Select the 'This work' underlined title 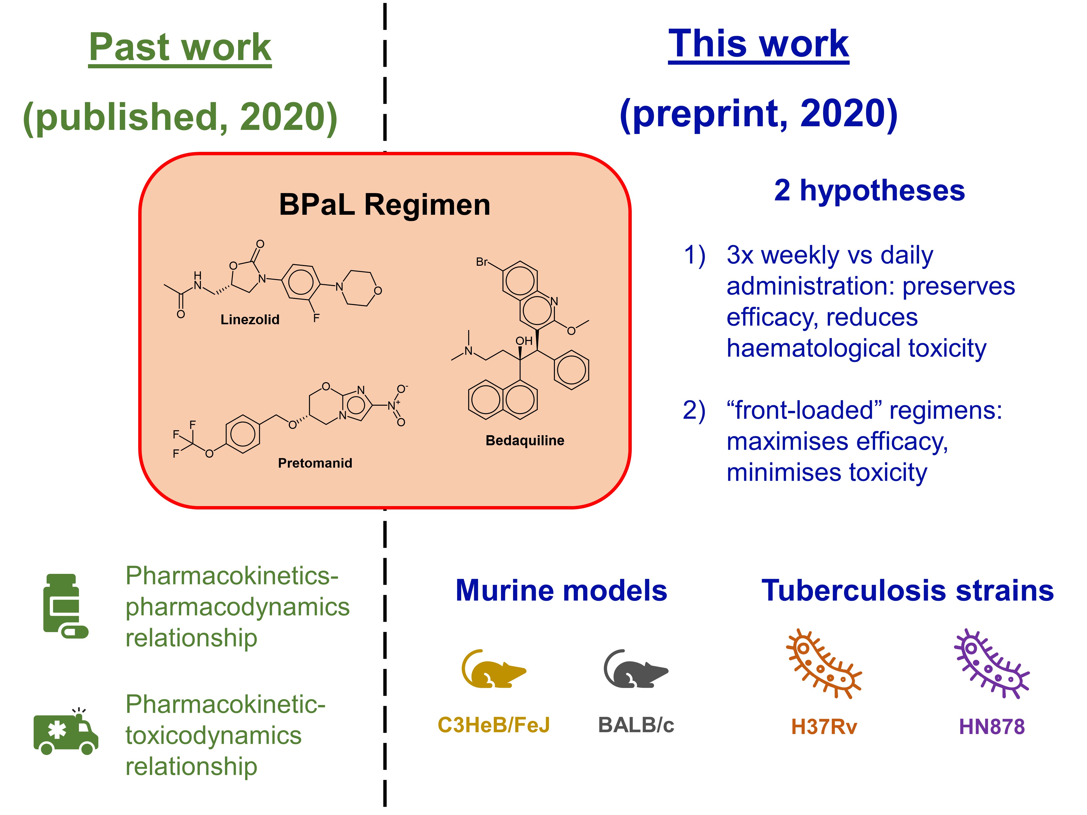coord(758,44)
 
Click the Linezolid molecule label coord(250,320)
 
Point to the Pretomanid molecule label coord(315,463)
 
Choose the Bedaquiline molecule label coord(525,441)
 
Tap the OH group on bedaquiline coord(524,341)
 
